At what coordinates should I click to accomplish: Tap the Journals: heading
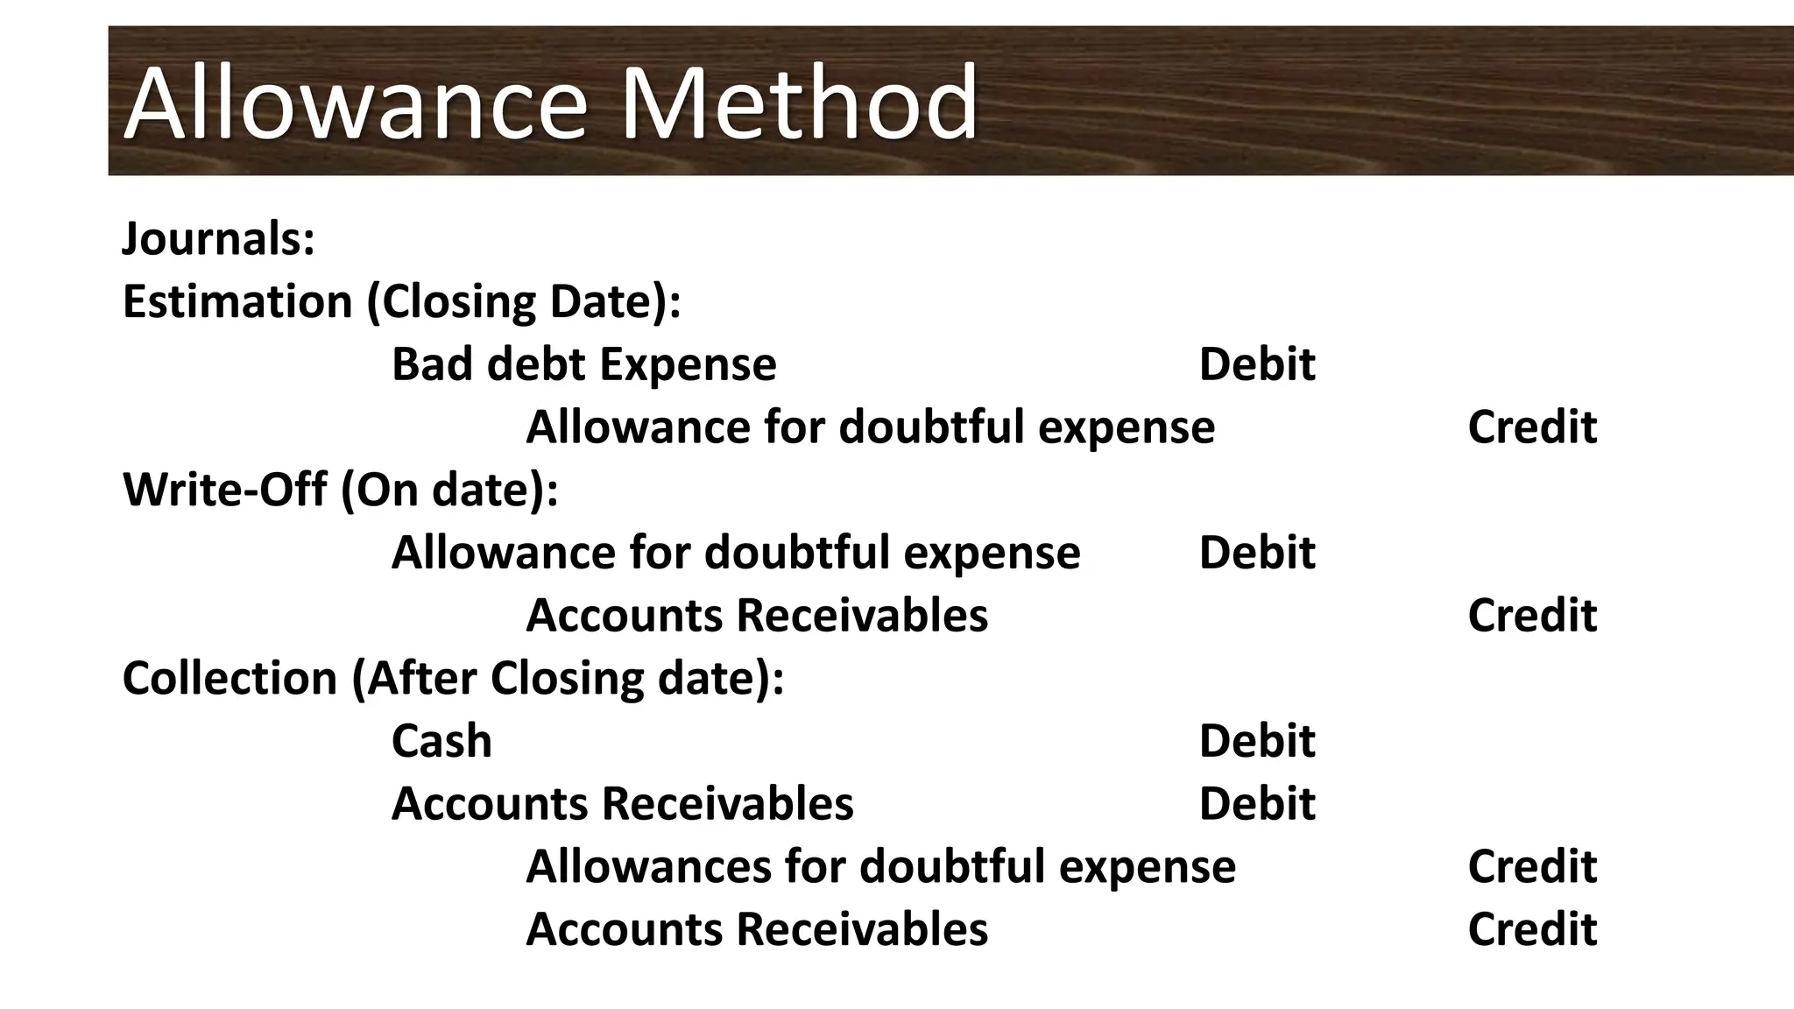pyautogui.click(x=218, y=238)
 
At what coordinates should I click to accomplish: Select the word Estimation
pyautogui.click(x=237, y=301)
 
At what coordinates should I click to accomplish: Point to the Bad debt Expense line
pyautogui.click(x=583, y=364)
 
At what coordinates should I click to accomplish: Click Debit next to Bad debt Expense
pyautogui.click(x=1256, y=364)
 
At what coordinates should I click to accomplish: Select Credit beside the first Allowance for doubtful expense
pyautogui.click(x=1531, y=427)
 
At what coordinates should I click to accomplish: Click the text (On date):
pyautogui.click(x=449, y=490)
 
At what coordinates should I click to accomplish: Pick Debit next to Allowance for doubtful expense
pyautogui.click(x=1256, y=553)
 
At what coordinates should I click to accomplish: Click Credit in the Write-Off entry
pyautogui.click(x=1531, y=616)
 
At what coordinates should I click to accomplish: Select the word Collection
pyautogui.click(x=230, y=679)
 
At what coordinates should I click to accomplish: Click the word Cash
pyautogui.click(x=441, y=741)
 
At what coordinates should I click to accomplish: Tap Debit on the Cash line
pyautogui.click(x=1256, y=741)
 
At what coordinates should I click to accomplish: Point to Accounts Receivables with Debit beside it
pyautogui.click(x=622, y=804)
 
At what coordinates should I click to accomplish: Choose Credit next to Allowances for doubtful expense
pyautogui.click(x=1531, y=866)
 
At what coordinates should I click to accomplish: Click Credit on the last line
pyautogui.click(x=1531, y=929)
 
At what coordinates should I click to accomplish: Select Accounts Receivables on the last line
pyautogui.click(x=757, y=929)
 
